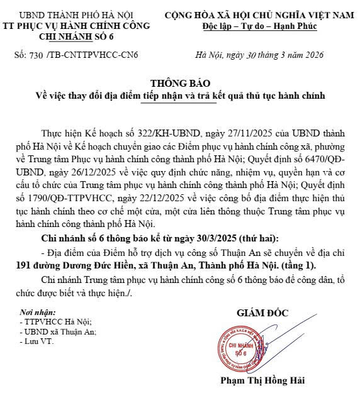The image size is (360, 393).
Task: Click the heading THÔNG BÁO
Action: point(181,84)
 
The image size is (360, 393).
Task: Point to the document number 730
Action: point(36,55)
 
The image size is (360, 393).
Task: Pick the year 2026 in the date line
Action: point(312,55)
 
